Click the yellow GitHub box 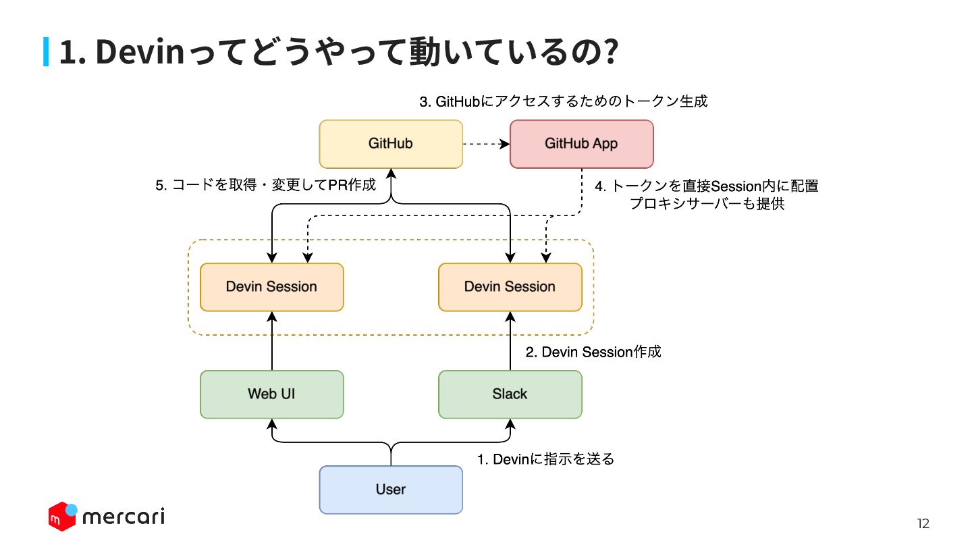pos(391,144)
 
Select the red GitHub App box pos(581,144)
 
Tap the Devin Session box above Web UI pos(271,287)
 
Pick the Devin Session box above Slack pos(510,287)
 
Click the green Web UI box pos(271,394)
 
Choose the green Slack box pos(510,394)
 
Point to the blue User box pos(391,490)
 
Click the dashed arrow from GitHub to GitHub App pos(487,144)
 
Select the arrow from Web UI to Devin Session pos(272,341)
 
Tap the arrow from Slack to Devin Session pos(510,341)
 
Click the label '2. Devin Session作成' pos(593,352)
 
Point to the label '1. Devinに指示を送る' pos(546,459)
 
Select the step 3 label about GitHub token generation pos(563,101)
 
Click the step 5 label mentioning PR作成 pos(265,185)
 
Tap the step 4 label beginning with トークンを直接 pos(707,194)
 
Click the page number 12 pos(923,523)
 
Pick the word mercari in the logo pos(124,516)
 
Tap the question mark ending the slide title pos(611,51)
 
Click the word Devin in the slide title pos(140,51)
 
